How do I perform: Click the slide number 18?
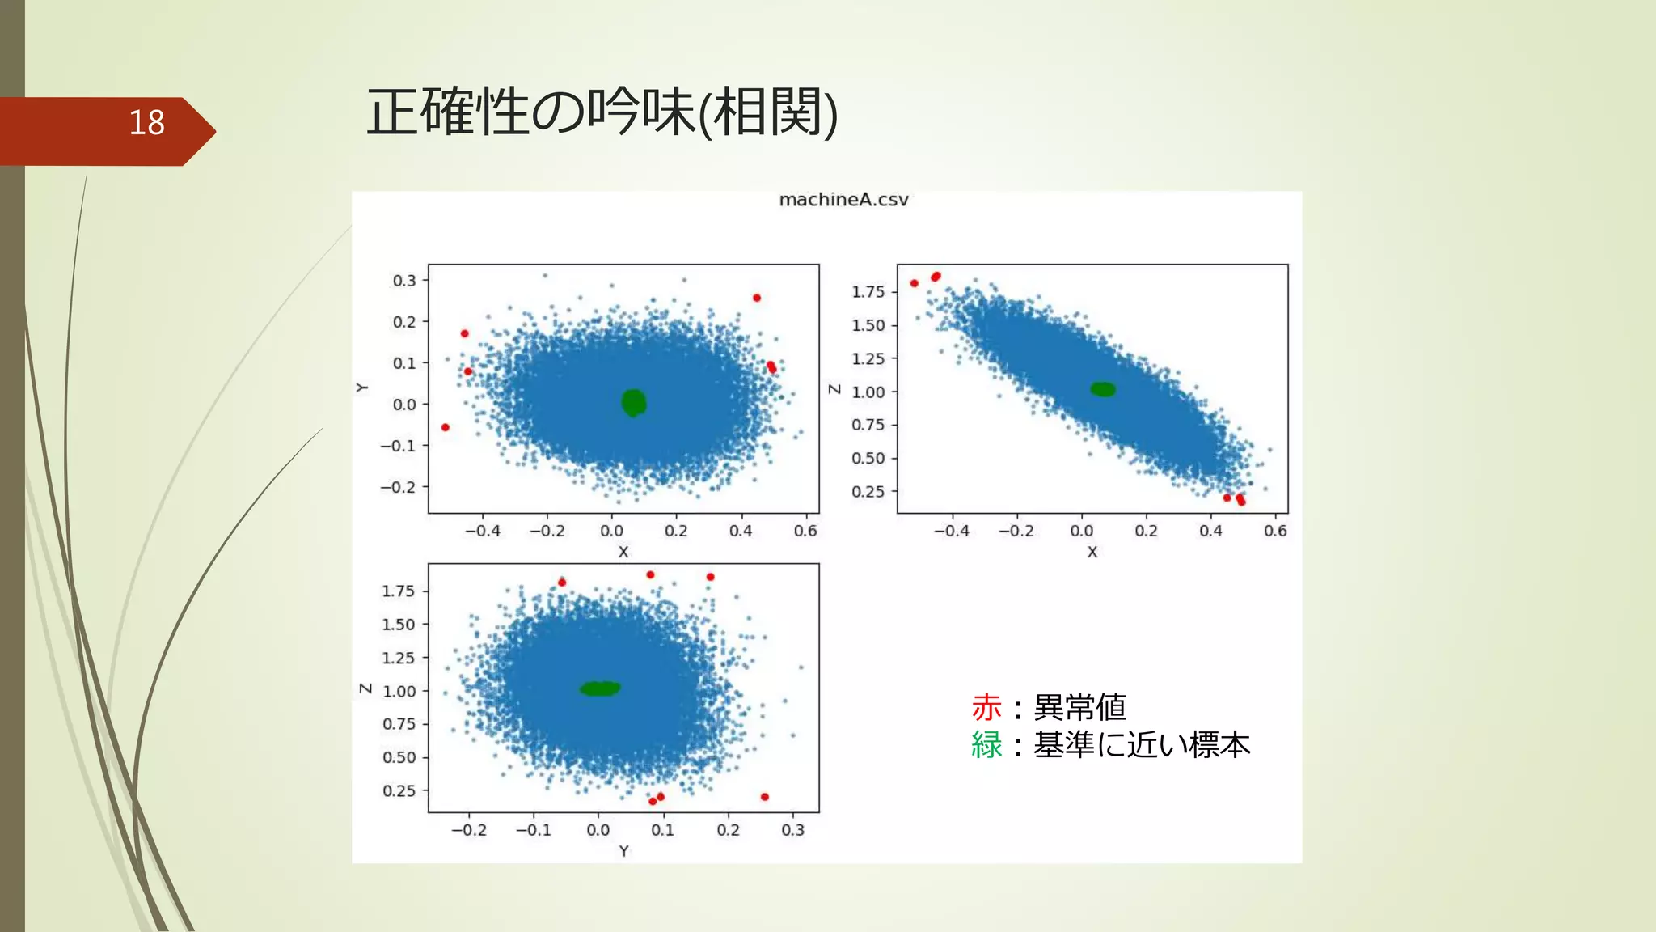coord(146,123)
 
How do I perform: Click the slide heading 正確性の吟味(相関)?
coord(602,112)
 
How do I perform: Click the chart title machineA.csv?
coord(843,200)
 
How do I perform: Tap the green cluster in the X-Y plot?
coord(634,402)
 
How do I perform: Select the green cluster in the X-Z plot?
coord(1103,389)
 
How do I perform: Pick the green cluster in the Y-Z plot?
coord(600,688)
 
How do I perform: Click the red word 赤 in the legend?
coord(986,708)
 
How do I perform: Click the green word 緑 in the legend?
coord(986,745)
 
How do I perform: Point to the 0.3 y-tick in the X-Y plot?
coord(404,281)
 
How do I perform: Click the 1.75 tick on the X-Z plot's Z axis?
coord(868,292)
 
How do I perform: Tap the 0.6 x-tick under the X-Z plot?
coord(1275,531)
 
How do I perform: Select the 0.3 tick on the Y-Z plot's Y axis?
coord(792,830)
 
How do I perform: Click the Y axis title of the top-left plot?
coord(361,388)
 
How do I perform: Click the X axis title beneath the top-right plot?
coord(1092,552)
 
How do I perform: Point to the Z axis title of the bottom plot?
coord(365,688)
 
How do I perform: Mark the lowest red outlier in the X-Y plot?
coord(446,427)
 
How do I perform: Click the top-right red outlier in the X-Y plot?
coord(757,298)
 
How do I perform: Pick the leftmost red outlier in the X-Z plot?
coord(915,283)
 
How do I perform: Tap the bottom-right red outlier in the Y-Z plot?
coord(765,797)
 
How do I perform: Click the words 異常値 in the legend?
coord(1080,708)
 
